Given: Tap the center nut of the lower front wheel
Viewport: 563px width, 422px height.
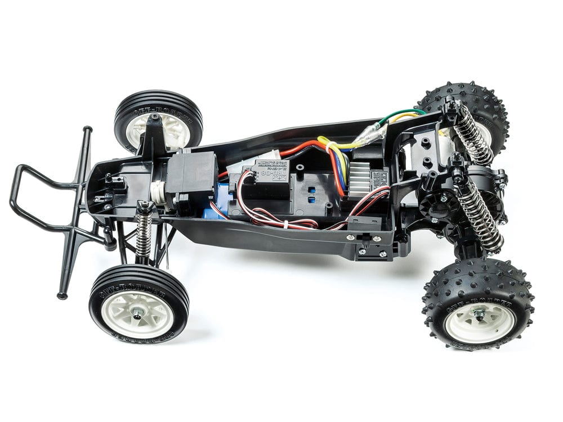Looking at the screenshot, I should click(137, 310).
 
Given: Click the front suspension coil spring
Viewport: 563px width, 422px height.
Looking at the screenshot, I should click(144, 231).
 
